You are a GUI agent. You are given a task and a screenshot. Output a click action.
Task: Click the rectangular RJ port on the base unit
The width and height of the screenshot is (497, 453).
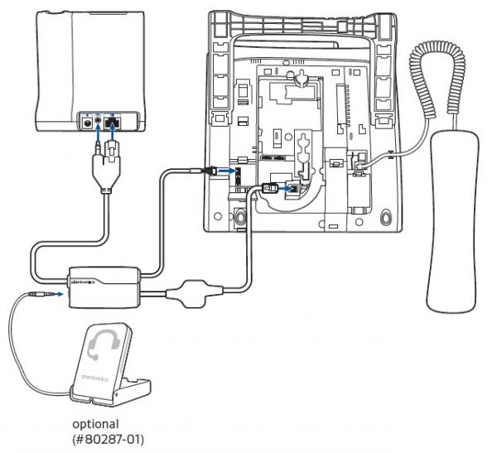[114, 122]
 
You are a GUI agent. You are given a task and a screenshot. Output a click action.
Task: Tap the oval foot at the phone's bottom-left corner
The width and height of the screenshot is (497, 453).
[239, 216]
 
